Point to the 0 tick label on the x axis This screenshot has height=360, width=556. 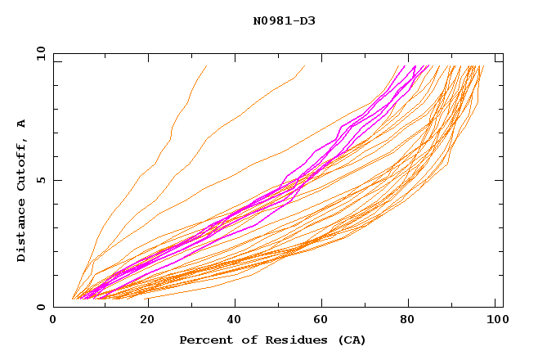tap(53, 320)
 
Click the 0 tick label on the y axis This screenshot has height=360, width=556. tap(41, 308)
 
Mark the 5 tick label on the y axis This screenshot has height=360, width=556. tap(41, 180)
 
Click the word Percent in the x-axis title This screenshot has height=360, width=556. tap(203, 340)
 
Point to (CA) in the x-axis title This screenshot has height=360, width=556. tap(350, 340)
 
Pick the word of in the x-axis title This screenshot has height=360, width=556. tap(242, 340)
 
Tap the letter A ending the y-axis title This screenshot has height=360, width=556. tap(22, 124)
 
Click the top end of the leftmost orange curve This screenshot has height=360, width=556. tap(207, 66)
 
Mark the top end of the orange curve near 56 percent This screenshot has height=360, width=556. tap(305, 66)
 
